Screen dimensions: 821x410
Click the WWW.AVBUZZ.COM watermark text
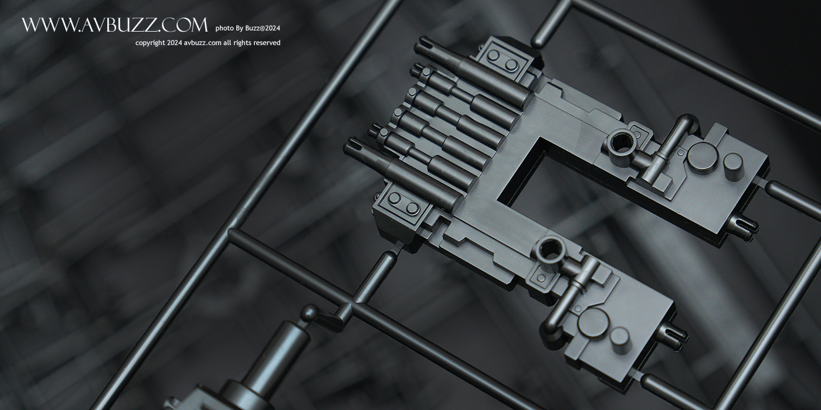pyautogui.click(x=115, y=25)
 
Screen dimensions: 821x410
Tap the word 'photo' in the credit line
pyautogui.click(x=223, y=28)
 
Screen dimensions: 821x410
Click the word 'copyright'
pyautogui.click(x=150, y=43)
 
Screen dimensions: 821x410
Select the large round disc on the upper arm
pyautogui.click(x=703, y=157)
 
